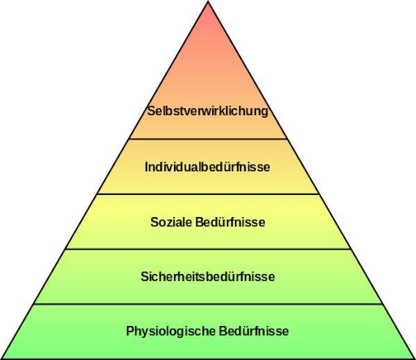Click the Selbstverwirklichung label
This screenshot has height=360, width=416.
pos(207,111)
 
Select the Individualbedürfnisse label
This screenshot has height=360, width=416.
pos(207,167)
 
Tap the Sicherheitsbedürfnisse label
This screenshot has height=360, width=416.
pos(207,276)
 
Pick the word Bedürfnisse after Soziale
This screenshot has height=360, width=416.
pos(229,222)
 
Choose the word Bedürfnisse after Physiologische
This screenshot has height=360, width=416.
pos(254,331)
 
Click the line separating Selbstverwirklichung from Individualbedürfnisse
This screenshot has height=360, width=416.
pos(207,139)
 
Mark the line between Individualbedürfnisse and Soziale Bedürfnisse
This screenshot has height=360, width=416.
pos(207,194)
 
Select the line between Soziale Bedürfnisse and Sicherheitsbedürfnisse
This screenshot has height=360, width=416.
pos(207,249)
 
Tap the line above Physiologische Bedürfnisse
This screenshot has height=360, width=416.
pos(207,304)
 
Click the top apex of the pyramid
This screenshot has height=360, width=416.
pos(208,5)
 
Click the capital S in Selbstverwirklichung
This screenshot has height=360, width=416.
pos(150,111)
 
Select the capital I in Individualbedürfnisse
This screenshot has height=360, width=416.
pos(146,167)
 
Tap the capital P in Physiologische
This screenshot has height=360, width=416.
pos(130,331)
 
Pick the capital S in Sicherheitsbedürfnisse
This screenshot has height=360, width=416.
pos(144,276)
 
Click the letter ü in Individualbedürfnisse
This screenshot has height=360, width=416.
pos(227,167)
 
